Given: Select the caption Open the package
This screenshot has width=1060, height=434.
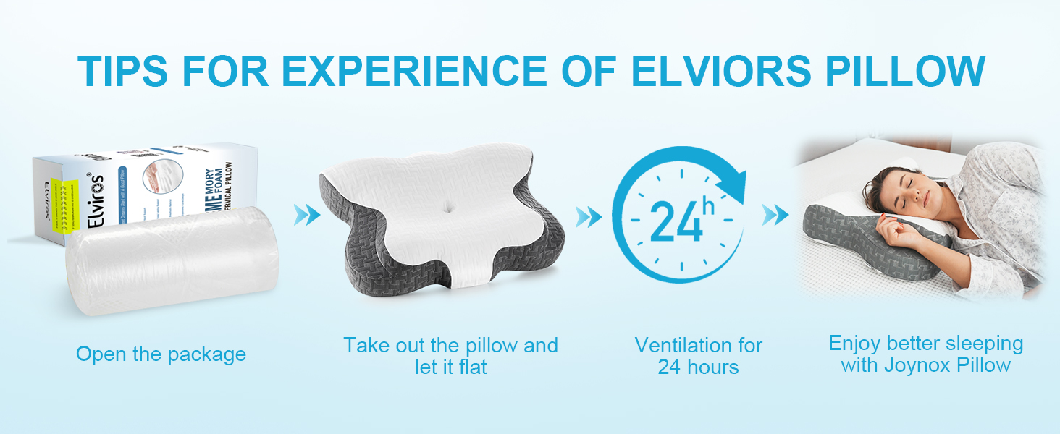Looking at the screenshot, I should click(x=161, y=354).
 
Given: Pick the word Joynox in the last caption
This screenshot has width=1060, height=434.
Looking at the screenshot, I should click(x=917, y=365).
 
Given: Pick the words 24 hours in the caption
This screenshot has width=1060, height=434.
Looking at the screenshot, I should click(x=698, y=367).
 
